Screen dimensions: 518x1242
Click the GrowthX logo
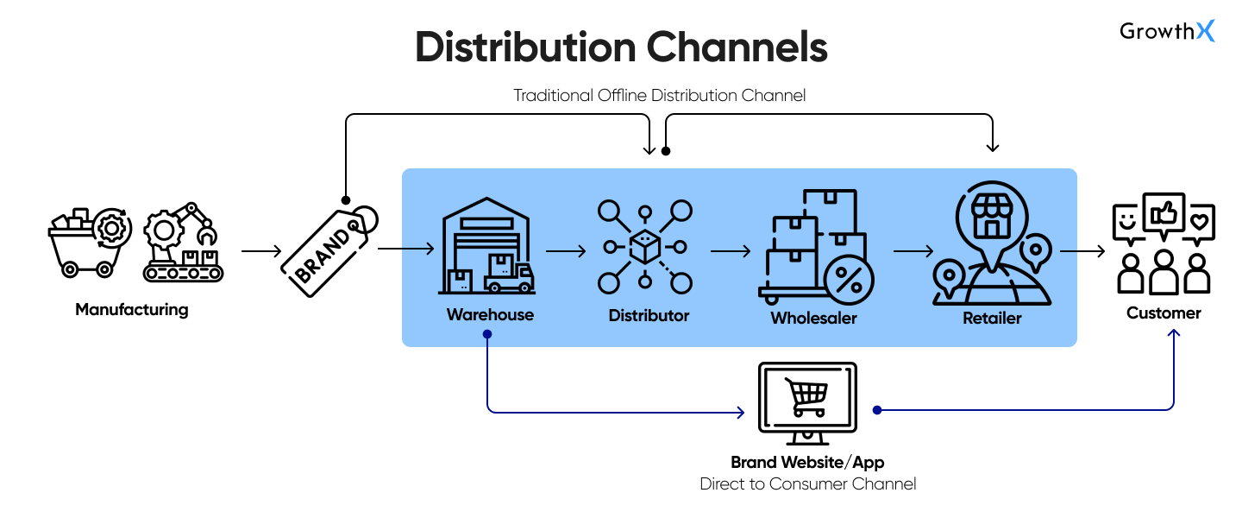pos(1167,31)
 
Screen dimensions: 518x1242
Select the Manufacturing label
pos(131,309)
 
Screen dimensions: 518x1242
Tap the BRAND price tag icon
pos(328,250)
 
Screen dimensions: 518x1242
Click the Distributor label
pos(649,315)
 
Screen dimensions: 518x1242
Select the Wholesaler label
pos(813,318)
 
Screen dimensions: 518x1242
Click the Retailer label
pos(992,318)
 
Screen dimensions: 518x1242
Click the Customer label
pos(1164,313)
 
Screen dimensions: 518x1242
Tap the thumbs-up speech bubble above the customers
pos(1164,213)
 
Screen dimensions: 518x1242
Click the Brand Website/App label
pos(807,462)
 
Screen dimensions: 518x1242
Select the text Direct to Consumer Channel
pos(807,483)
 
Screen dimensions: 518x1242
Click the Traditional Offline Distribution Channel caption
pos(659,95)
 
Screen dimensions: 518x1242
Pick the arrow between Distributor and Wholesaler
pos(730,251)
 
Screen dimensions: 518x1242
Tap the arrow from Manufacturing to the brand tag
pos(261,251)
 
